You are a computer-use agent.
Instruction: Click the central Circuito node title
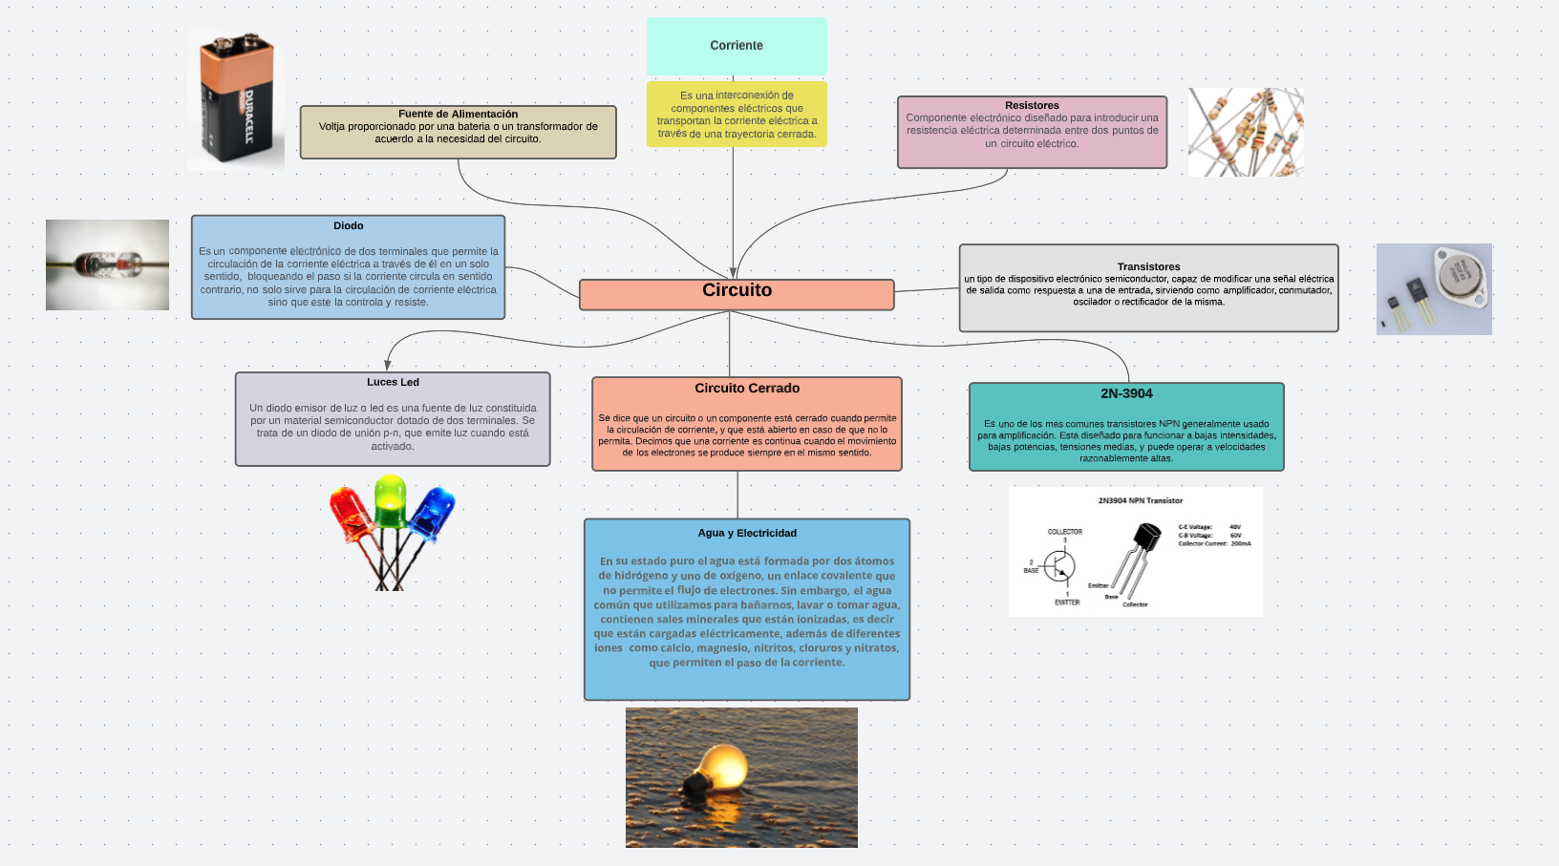737,290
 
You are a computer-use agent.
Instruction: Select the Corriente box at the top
737,46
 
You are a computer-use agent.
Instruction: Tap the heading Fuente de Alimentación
458,114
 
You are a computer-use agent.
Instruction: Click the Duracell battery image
236,98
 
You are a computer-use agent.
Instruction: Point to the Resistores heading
1032,105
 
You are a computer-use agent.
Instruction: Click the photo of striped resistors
1246,133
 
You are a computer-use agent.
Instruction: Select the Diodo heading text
348,226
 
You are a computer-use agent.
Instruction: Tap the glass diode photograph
107,264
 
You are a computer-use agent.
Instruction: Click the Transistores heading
1148,266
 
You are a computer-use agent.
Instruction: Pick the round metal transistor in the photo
1460,274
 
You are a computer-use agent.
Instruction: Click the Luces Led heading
393,382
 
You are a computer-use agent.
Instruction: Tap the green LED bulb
390,499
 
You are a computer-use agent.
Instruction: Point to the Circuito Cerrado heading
747,389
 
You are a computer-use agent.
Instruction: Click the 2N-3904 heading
1126,393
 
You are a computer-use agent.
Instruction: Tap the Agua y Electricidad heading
747,533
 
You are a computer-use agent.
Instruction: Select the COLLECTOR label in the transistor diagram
1064,532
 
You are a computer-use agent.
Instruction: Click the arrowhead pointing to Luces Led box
388,365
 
